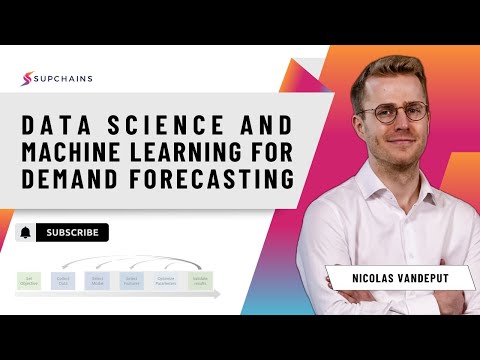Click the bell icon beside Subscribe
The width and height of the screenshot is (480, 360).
point(25,233)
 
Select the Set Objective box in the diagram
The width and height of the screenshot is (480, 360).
point(29,281)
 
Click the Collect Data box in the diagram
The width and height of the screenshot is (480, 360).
point(63,281)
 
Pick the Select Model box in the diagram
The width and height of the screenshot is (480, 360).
point(97,281)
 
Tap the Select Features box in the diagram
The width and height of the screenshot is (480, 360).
point(131,281)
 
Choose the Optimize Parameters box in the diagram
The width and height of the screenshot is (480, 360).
point(166,281)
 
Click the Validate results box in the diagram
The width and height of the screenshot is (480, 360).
point(201,281)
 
